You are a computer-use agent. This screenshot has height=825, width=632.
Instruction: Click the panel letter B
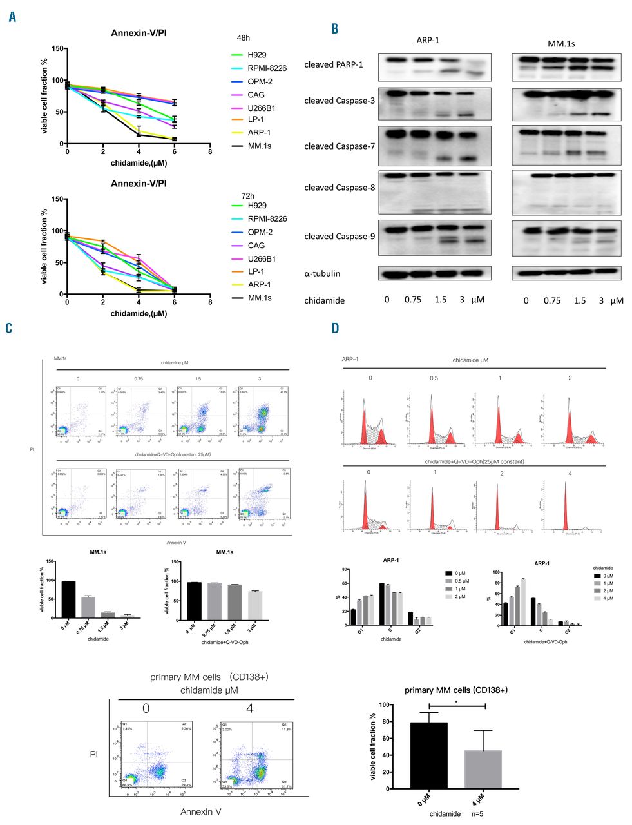(334, 29)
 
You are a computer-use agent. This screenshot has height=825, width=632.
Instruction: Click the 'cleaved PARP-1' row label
(333, 64)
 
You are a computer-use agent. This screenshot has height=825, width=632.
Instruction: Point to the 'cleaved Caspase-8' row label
(340, 188)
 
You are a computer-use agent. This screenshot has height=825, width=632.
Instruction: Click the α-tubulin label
(322, 273)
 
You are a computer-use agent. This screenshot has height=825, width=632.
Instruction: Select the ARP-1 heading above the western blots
(428, 40)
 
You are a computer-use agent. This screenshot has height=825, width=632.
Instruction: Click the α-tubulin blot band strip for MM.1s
(566, 273)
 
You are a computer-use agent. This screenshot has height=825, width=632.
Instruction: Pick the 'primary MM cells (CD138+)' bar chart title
(455, 690)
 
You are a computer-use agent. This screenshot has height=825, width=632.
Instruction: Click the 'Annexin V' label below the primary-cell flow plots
(201, 811)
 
